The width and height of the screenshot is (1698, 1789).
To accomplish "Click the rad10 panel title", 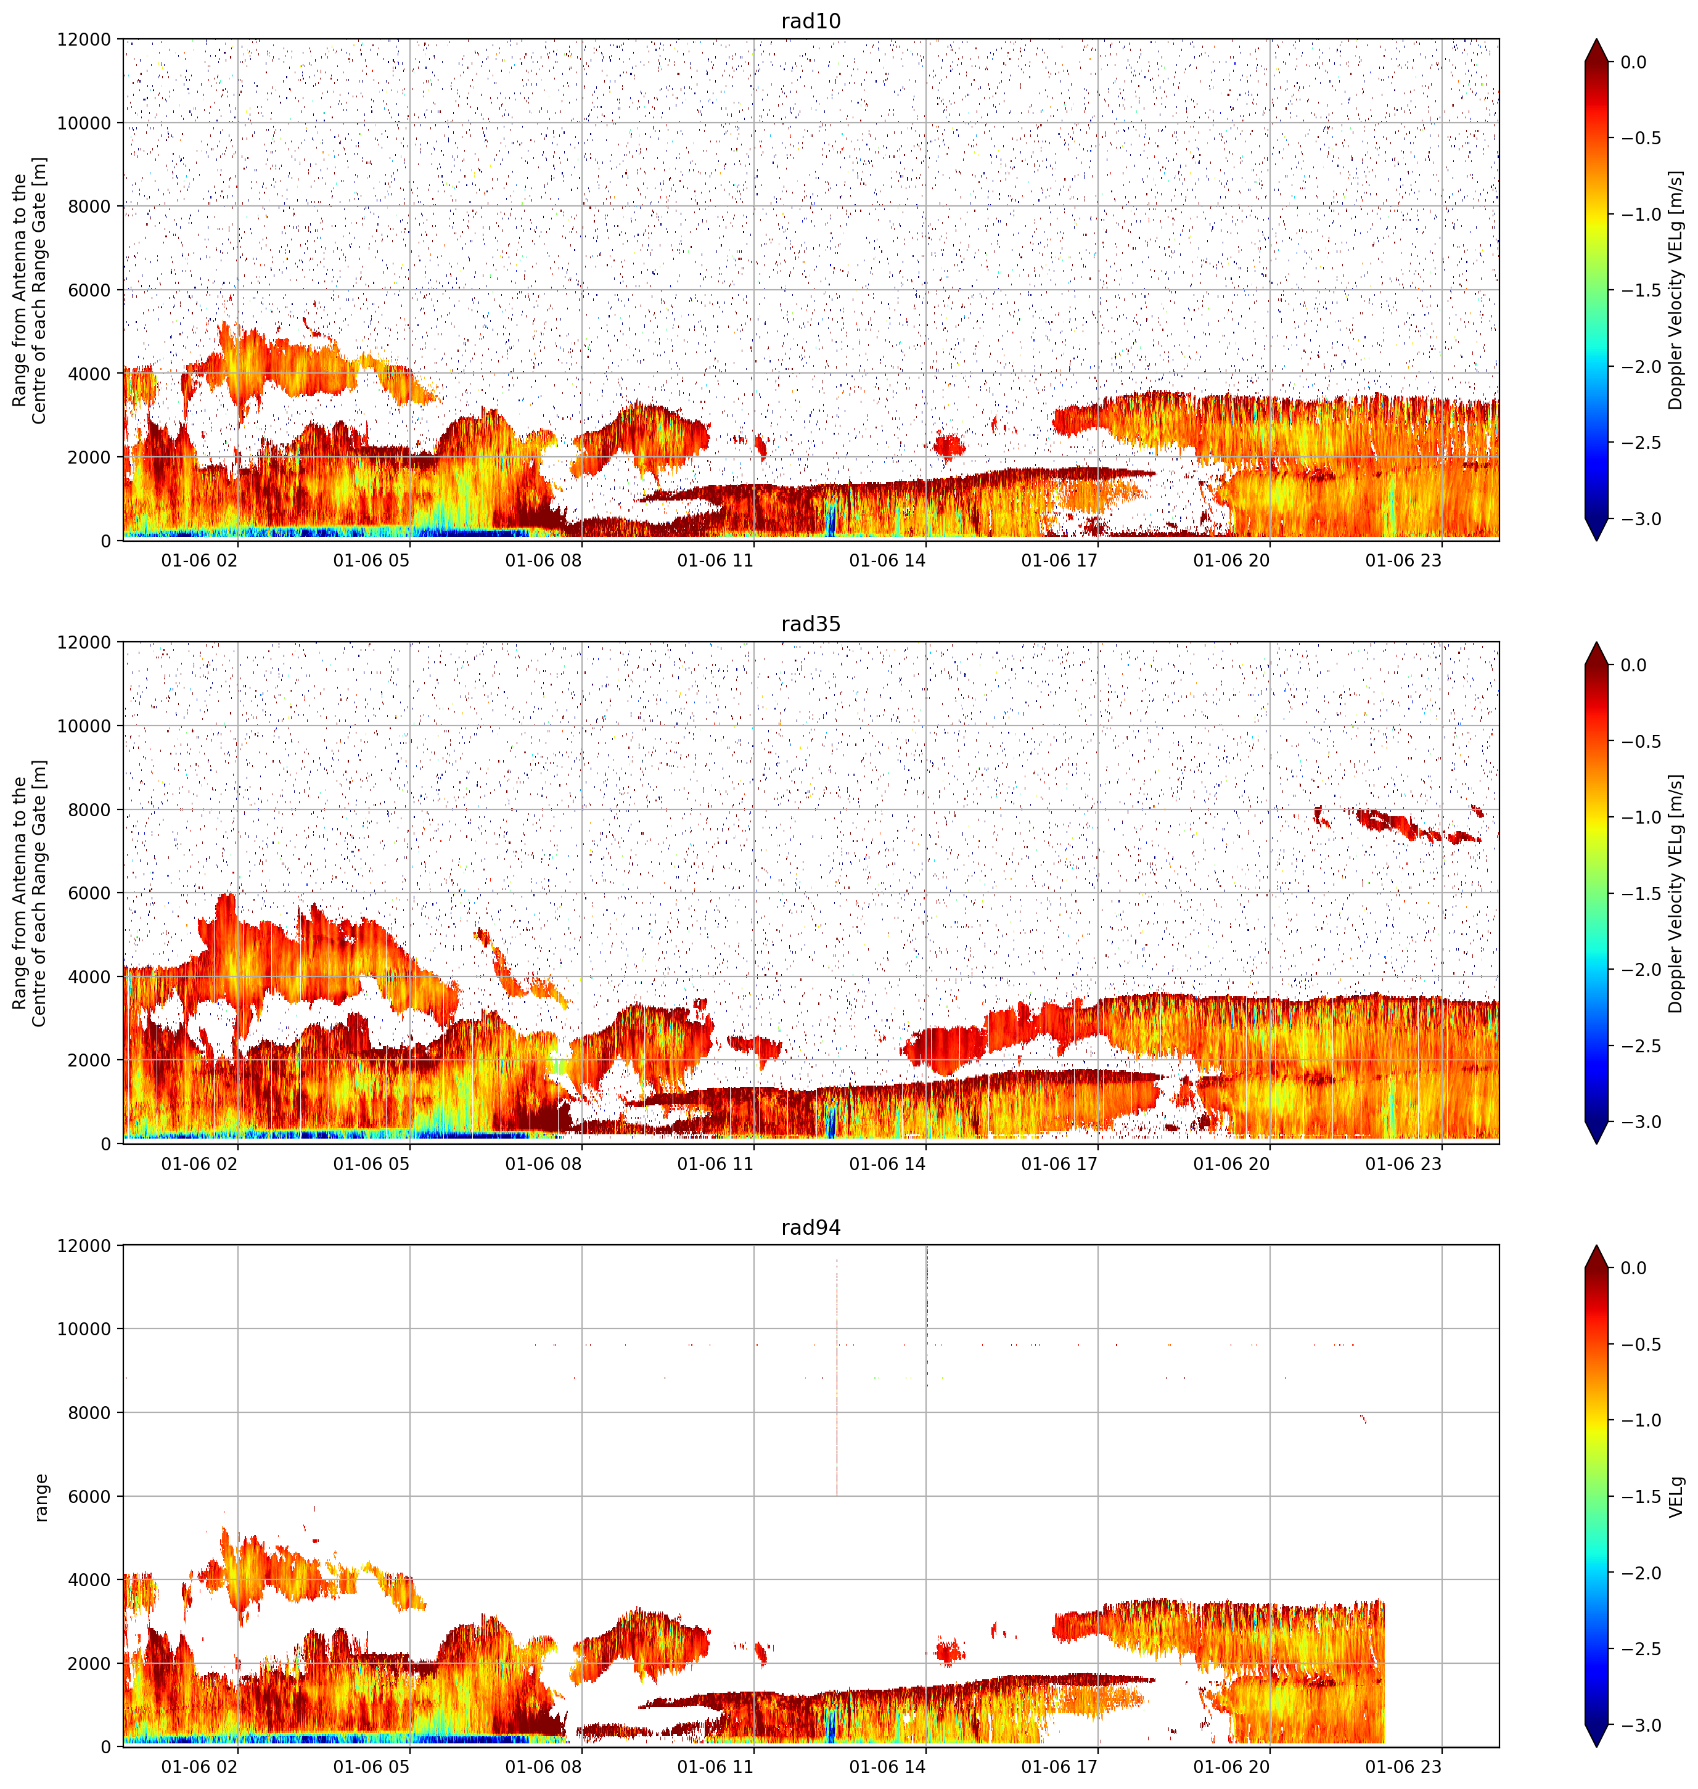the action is [x=810, y=21].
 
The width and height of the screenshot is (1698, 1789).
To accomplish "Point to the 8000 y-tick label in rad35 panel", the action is [x=89, y=809].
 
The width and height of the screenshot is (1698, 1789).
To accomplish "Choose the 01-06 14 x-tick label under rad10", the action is [x=887, y=560].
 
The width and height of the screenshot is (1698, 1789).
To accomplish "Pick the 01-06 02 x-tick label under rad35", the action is [x=199, y=1164].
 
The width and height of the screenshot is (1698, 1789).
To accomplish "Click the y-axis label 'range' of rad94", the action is [x=40, y=1497].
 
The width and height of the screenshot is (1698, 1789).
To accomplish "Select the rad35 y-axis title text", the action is [x=29, y=893].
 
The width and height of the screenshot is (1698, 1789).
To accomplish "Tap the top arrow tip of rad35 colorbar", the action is [x=1597, y=642].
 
